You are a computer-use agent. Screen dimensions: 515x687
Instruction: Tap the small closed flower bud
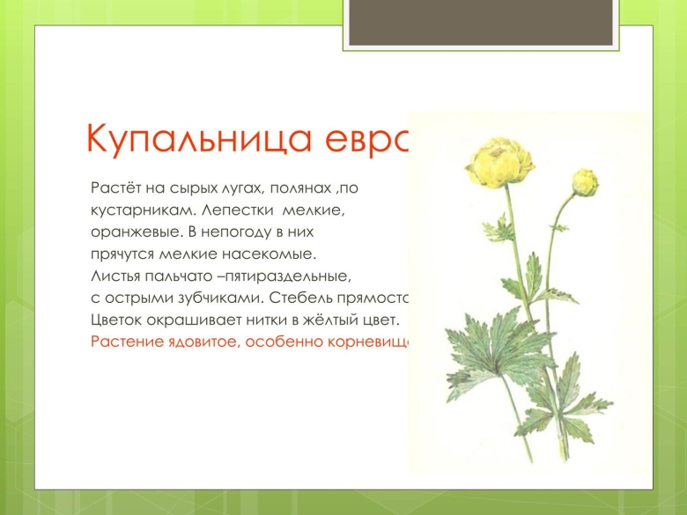click(x=586, y=183)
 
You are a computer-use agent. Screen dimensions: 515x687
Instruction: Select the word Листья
click(x=114, y=276)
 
